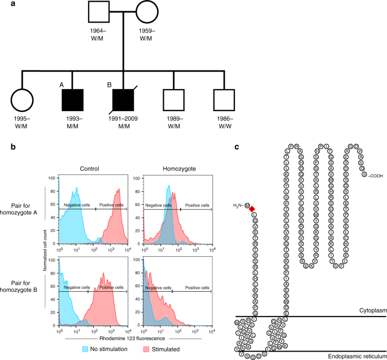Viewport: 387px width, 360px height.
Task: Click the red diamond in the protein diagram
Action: click(x=252, y=209)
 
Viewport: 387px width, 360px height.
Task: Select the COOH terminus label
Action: click(x=375, y=175)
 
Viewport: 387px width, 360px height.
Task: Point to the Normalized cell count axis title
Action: click(x=45, y=251)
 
